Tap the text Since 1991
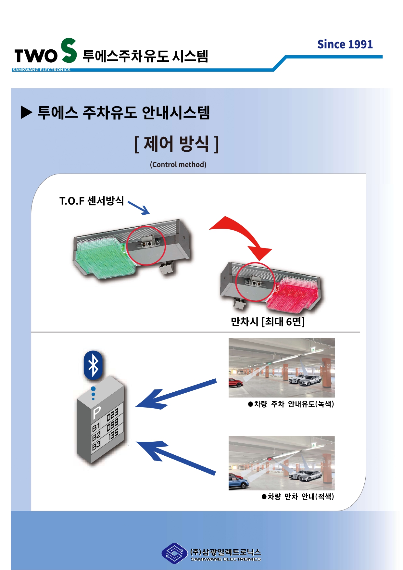point(345,44)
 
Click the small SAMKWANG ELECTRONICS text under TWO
point(41,70)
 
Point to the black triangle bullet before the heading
point(26,113)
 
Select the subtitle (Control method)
point(178,165)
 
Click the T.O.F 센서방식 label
point(92,201)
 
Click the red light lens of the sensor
point(294,292)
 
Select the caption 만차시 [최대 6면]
point(268,322)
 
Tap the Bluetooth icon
point(93,365)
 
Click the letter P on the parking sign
point(97,412)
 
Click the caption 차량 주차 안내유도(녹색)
point(291,404)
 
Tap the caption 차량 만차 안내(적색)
point(298,497)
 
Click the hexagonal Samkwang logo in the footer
point(174,553)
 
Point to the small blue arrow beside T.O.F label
point(139,208)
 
